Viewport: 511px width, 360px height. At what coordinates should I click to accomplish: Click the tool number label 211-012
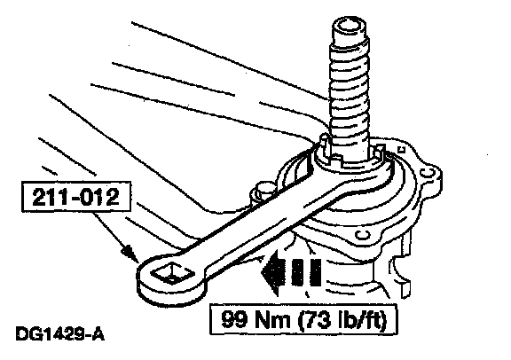(76, 197)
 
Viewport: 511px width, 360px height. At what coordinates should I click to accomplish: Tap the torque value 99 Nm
(255, 318)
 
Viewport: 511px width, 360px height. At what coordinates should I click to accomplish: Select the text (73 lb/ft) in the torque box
(342, 319)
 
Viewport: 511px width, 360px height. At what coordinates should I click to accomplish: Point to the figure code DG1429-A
(60, 334)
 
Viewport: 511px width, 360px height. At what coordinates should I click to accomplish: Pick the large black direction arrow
(291, 272)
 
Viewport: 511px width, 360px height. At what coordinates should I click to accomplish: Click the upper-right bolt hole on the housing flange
(428, 172)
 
